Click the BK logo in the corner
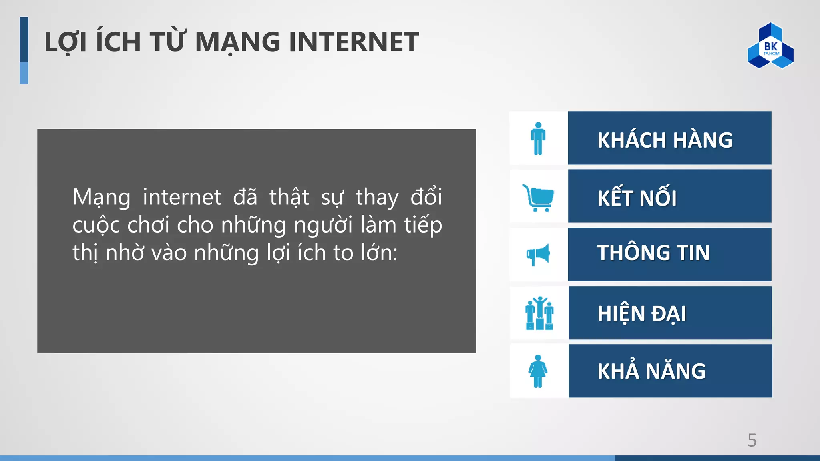point(770,46)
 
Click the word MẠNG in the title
point(238,42)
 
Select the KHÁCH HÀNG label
point(665,140)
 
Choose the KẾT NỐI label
point(637,198)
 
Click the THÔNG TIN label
point(653,253)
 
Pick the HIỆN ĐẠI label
point(641,313)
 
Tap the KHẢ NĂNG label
point(651,371)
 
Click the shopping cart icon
point(538,198)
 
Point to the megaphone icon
point(538,255)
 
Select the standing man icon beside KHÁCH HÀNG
point(538,138)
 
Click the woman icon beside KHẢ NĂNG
point(538,371)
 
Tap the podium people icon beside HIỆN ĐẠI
point(539,313)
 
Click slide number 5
point(752,440)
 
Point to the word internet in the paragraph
point(182,197)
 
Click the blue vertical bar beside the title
point(24,50)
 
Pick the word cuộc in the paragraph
point(96,226)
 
